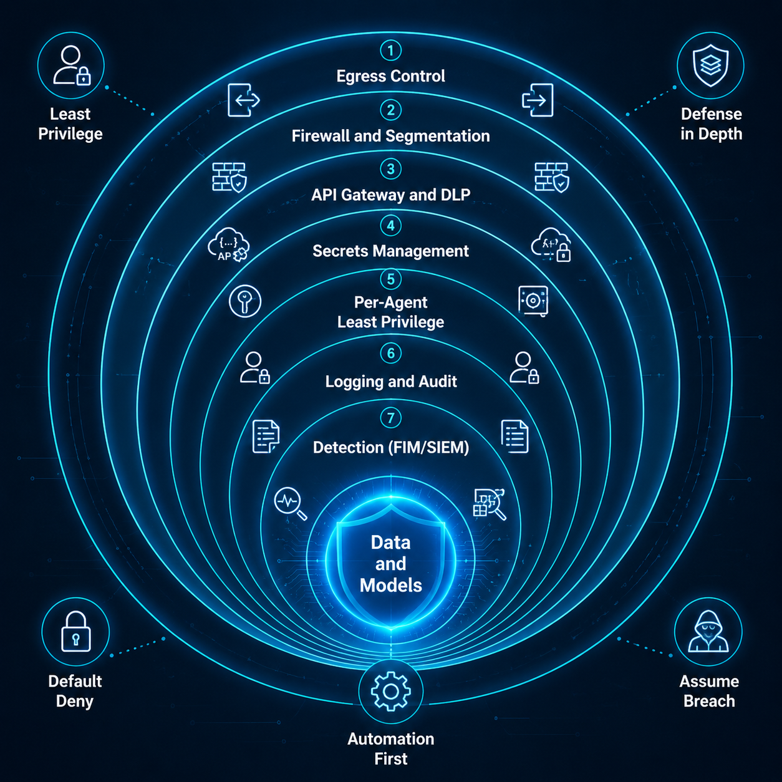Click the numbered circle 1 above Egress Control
tap(390, 51)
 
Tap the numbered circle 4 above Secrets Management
tap(390, 226)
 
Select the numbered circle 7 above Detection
tap(390, 418)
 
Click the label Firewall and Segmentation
tap(390, 136)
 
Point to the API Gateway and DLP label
tap(390, 195)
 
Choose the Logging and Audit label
tap(391, 382)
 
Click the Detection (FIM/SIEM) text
tap(391, 447)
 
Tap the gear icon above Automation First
tap(390, 691)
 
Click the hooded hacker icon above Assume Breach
tap(708, 632)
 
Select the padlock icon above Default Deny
tap(75, 632)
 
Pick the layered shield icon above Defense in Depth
tap(710, 65)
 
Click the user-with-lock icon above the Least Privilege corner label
tap(72, 65)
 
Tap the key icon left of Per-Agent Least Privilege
tap(244, 301)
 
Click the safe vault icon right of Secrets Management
tap(533, 301)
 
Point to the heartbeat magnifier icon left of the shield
tap(290, 504)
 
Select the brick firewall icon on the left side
tap(229, 177)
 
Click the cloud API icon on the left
tap(228, 244)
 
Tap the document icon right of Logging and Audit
tap(515, 437)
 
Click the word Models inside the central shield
tap(391, 585)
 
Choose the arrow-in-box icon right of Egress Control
tap(538, 100)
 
